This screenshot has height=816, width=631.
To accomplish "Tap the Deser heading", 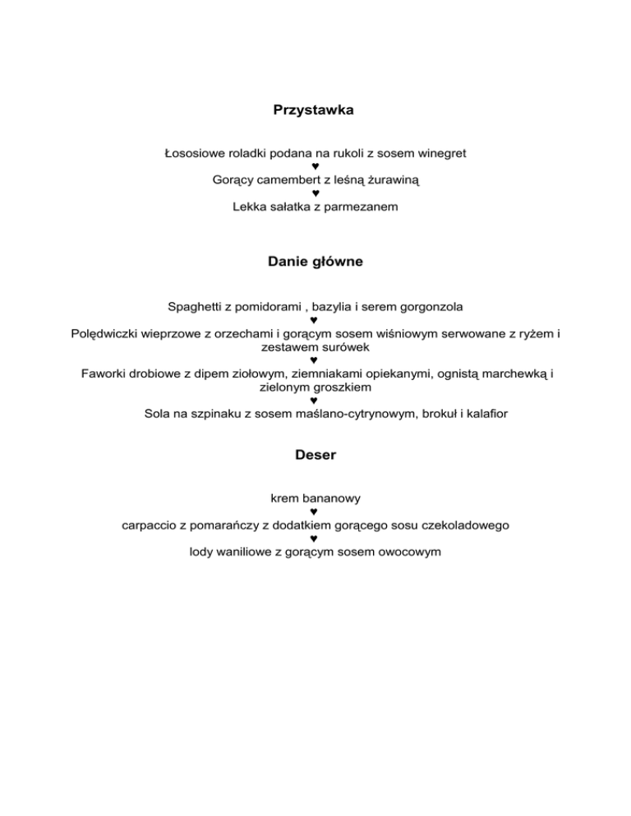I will coord(315,453).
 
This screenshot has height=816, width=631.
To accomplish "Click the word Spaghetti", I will coord(196,307).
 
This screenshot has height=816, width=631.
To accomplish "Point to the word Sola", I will coord(156,415).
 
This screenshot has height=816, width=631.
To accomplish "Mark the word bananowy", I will coord(331,498).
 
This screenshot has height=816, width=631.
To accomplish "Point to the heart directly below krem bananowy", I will coord(315,511).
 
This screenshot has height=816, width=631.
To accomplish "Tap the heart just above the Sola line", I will coord(315,401).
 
